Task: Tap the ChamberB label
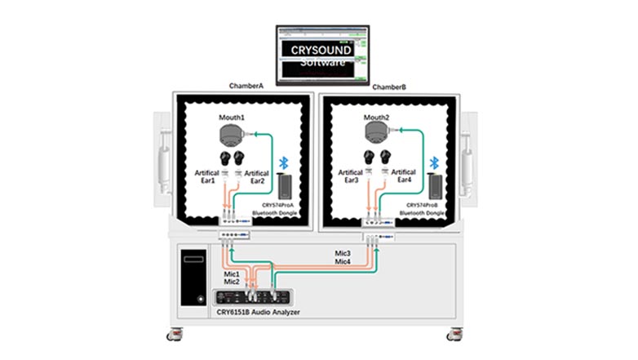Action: (x=389, y=87)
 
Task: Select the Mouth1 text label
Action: (x=232, y=119)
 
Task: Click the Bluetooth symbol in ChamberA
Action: (x=285, y=162)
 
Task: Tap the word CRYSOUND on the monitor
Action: (x=322, y=51)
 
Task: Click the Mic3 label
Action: (x=343, y=255)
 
